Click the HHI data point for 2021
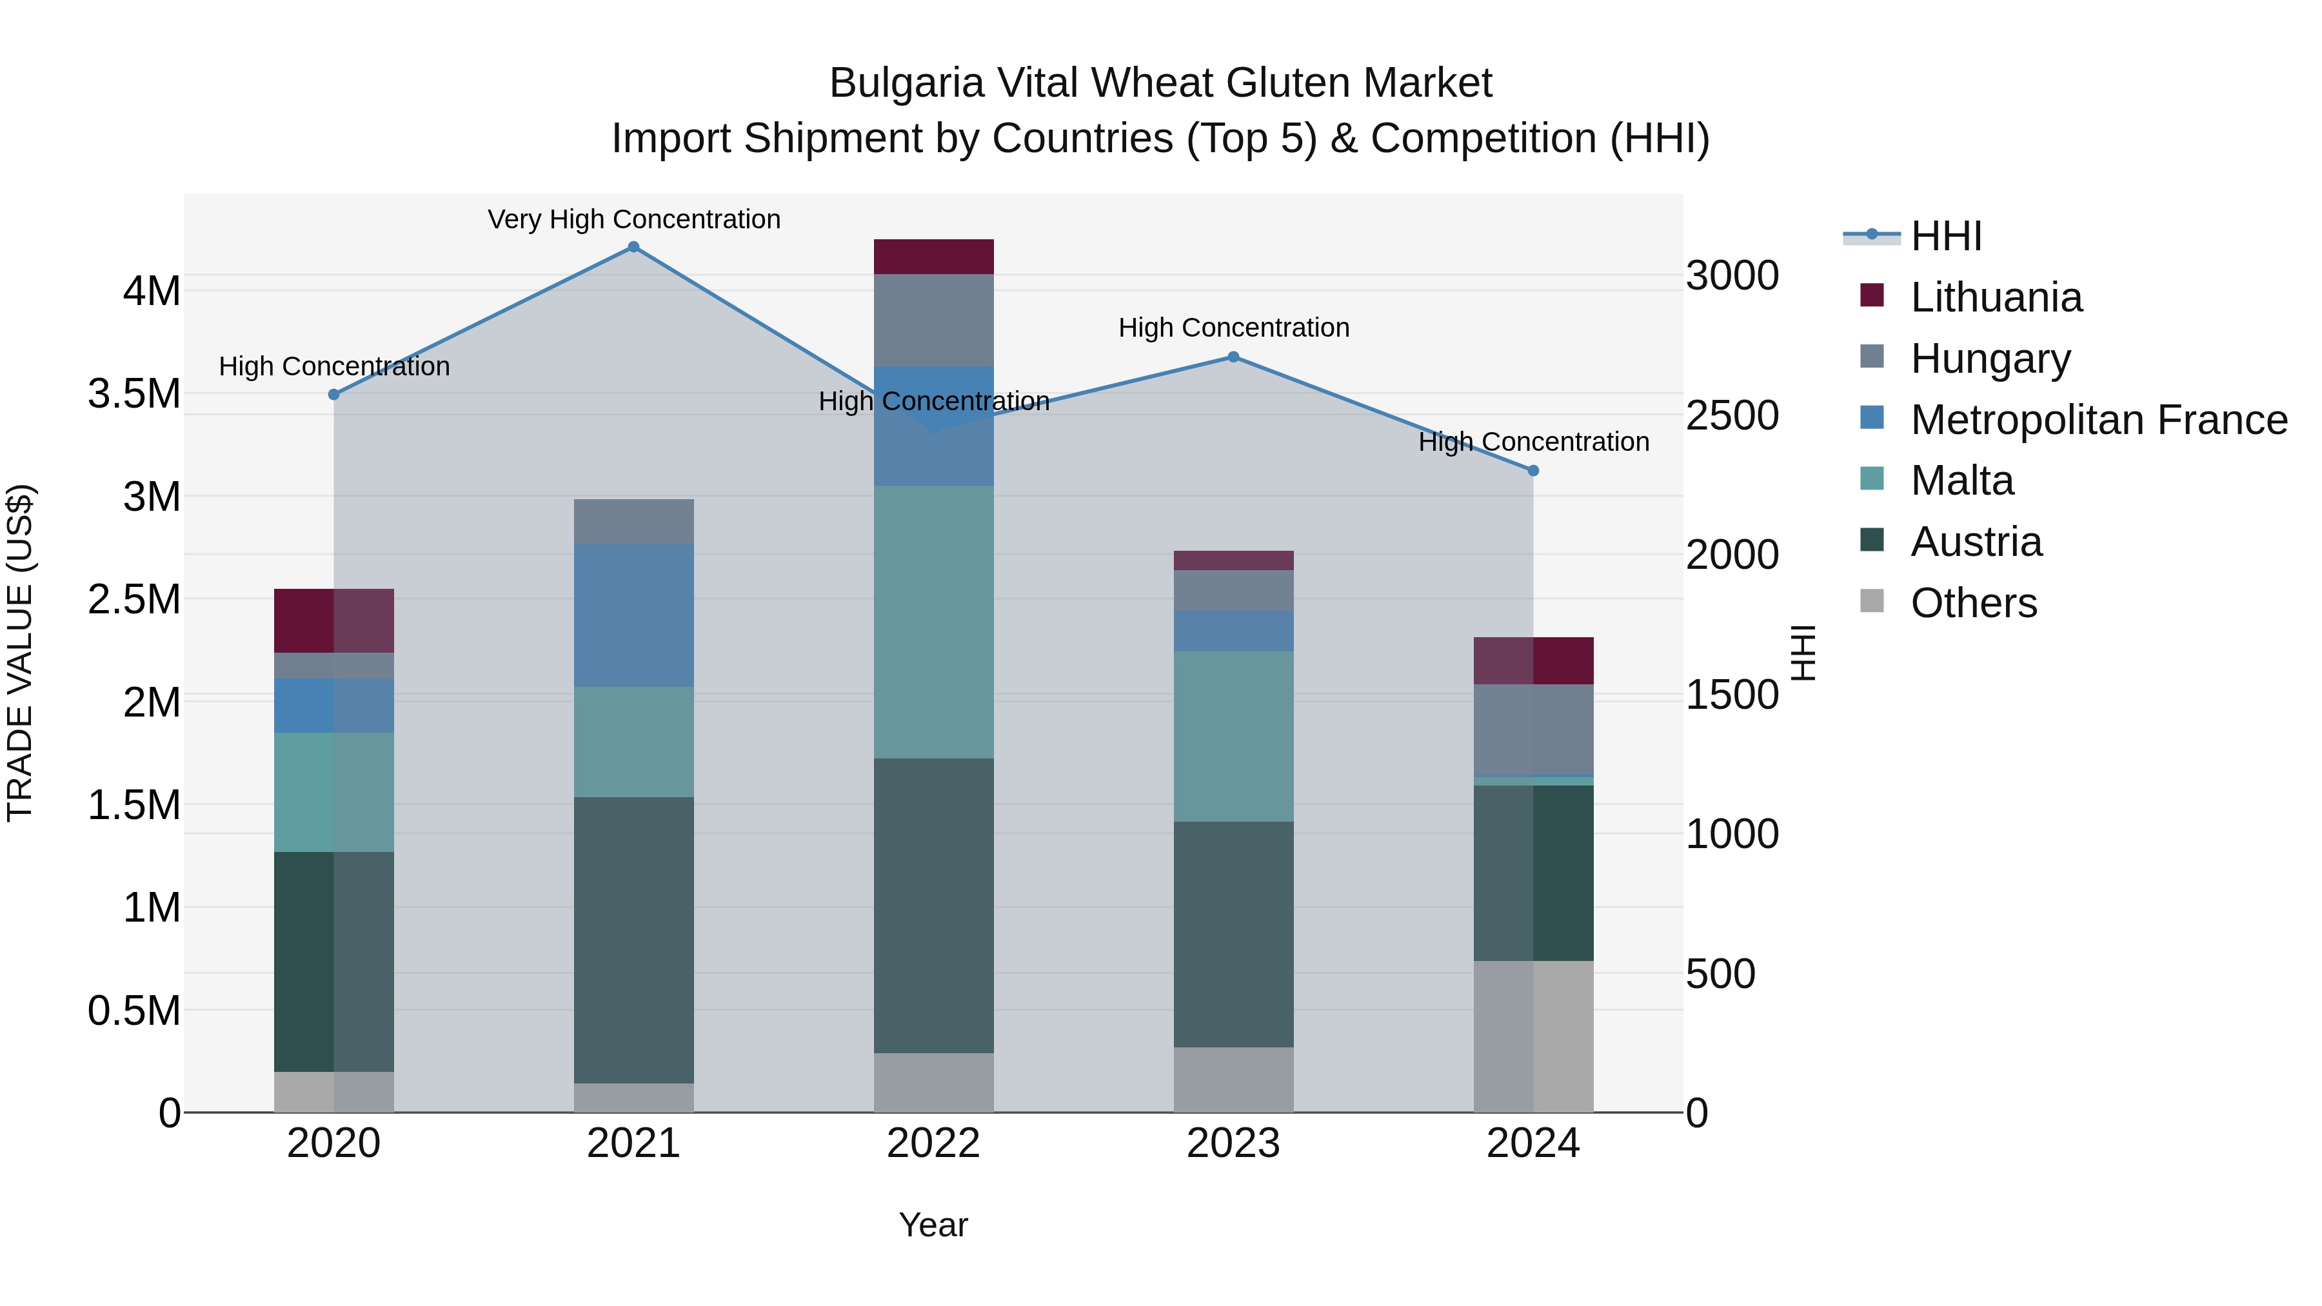tap(633, 247)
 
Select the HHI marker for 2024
tap(1533, 471)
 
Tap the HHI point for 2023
tap(1233, 357)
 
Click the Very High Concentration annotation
tap(633, 220)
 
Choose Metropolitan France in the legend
tap(2098, 420)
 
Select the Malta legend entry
tap(1961, 480)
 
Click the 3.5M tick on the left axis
tap(134, 394)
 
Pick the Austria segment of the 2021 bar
tap(633, 940)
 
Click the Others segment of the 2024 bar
tap(1533, 1036)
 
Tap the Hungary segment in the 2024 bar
tap(1533, 729)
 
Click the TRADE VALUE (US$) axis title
tap(20, 653)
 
